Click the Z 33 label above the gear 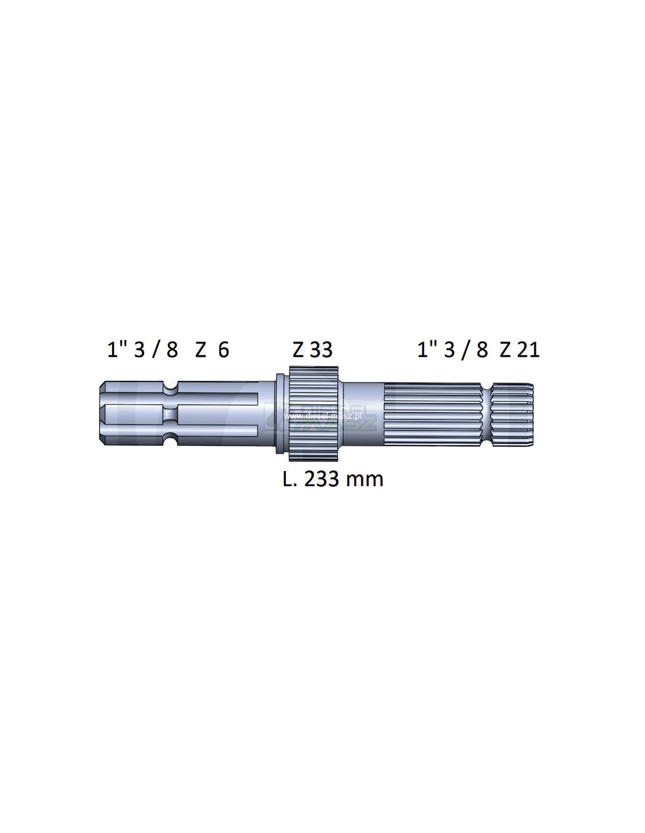(312, 350)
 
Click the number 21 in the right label (528, 350)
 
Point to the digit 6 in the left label (223, 350)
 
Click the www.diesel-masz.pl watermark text (323, 416)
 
